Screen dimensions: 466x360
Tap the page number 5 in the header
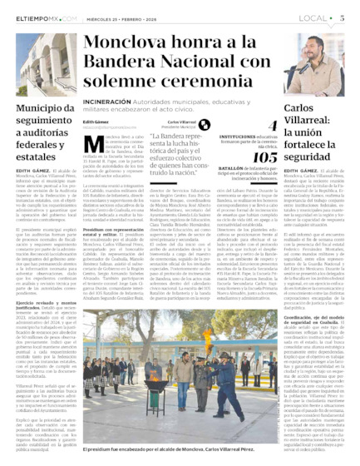(343, 17)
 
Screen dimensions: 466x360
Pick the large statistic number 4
(273, 126)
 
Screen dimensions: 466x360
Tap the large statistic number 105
(265, 156)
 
